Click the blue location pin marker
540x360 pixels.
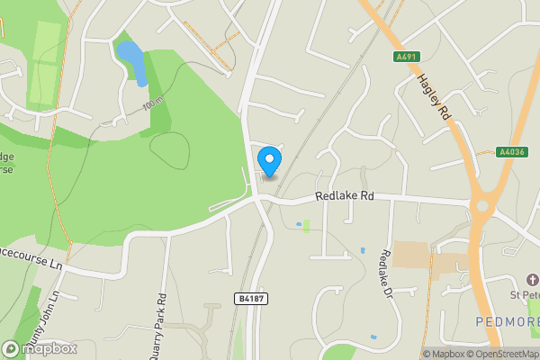(x=269, y=161)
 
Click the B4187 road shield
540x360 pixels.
(x=252, y=298)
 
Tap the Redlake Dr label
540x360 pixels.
(x=387, y=273)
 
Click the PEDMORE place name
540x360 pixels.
(x=508, y=321)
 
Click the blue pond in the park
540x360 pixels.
(x=132, y=61)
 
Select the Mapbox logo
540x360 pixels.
(x=39, y=348)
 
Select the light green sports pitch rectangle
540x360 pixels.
(x=46, y=63)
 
